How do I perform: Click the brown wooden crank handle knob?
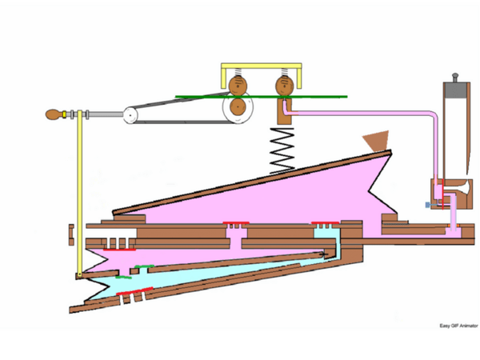click(x=54, y=114)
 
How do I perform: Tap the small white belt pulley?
click(x=130, y=115)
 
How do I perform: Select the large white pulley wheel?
click(x=238, y=107)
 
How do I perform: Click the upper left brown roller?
click(x=238, y=85)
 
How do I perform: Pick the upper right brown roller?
click(x=285, y=86)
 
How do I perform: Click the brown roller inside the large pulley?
click(x=238, y=107)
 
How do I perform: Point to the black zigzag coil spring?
click(x=282, y=150)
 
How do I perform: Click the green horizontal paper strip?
click(x=261, y=97)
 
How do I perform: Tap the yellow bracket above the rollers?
click(x=262, y=66)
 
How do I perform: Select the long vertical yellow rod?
click(x=79, y=194)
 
